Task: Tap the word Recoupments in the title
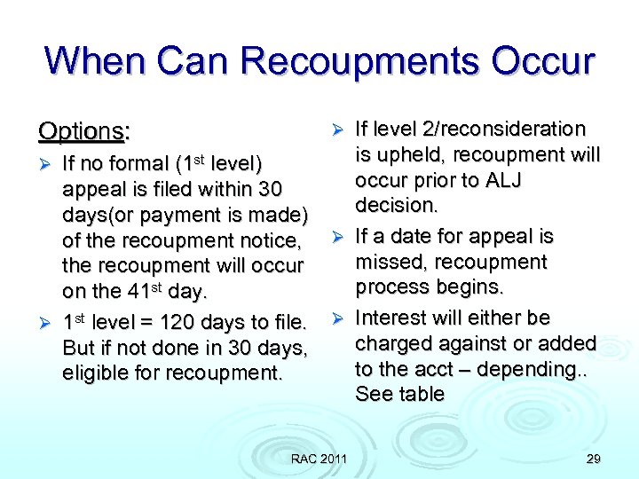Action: [x=355, y=61]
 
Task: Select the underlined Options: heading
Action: [x=84, y=131]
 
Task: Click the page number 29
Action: [x=593, y=458]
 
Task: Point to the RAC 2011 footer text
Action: [x=319, y=458]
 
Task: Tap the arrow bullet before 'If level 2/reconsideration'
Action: [x=337, y=130]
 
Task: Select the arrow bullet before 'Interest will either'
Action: [x=337, y=318]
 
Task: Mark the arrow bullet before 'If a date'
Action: [x=337, y=237]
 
